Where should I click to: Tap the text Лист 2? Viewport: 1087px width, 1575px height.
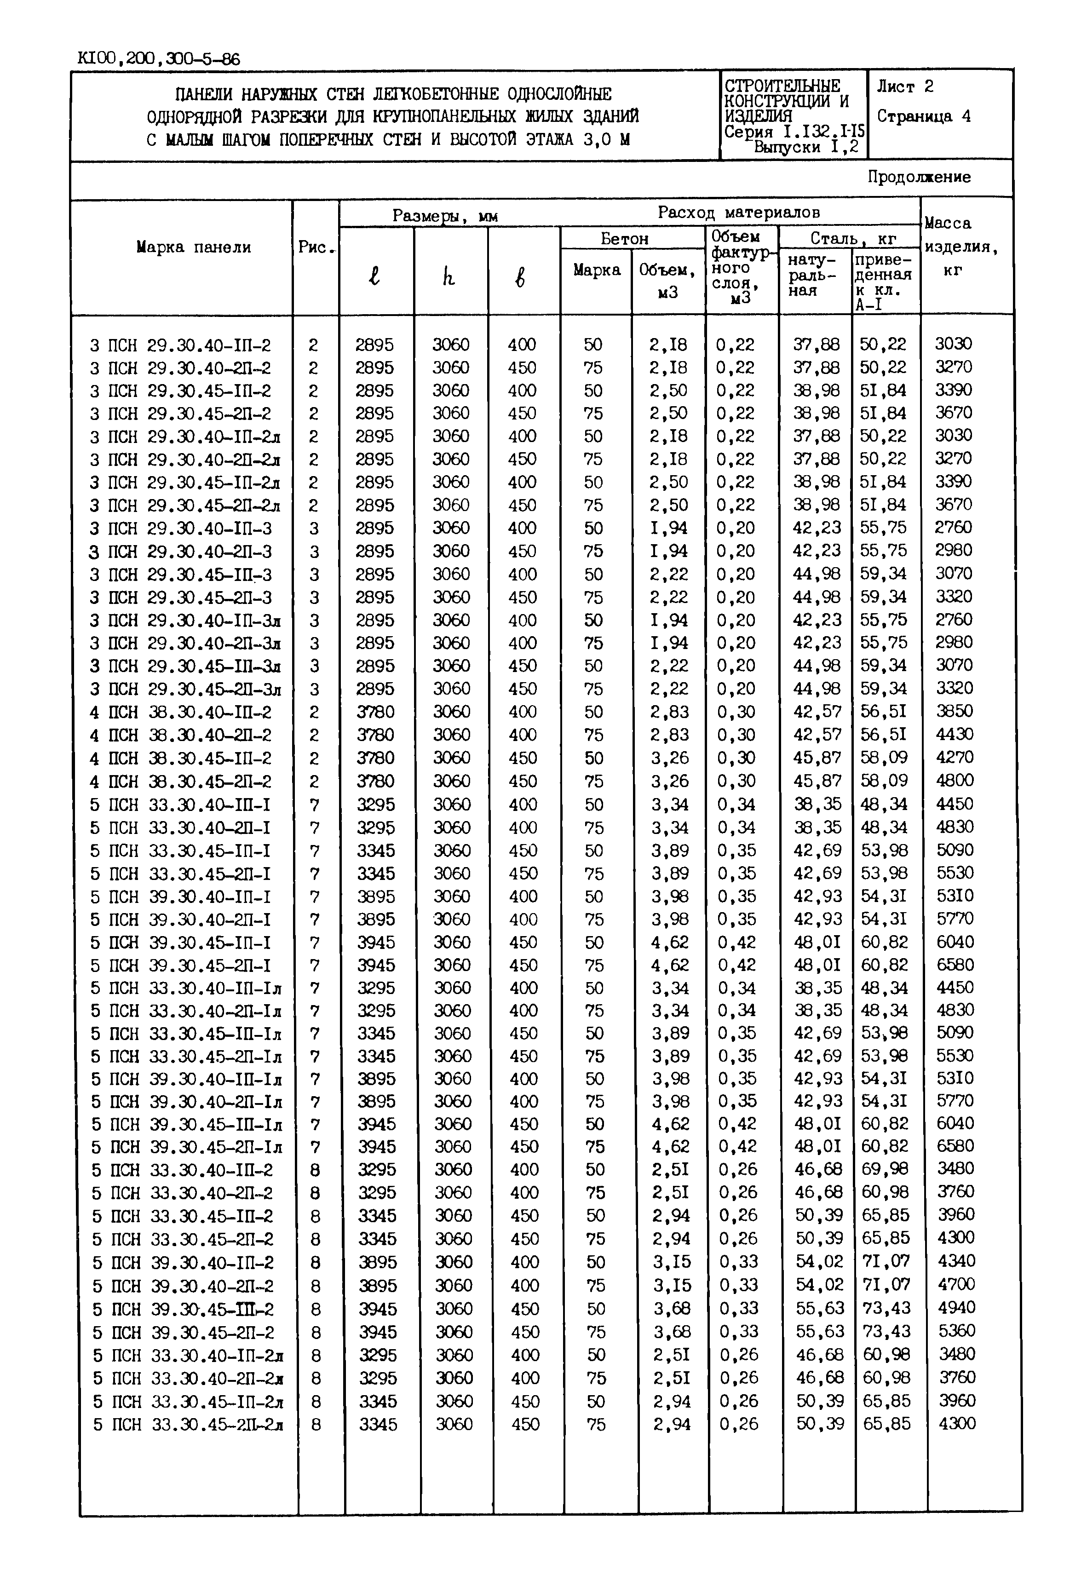coord(904,86)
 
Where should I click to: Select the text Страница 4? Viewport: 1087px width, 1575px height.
coord(923,116)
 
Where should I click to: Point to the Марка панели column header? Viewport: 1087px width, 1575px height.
coord(193,247)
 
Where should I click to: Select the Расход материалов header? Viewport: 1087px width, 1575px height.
coord(738,213)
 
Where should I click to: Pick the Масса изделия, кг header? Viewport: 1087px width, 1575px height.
coord(960,247)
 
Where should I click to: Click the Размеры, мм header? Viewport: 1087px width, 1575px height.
coord(445,217)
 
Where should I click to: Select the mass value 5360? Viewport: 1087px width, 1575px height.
coord(956,1331)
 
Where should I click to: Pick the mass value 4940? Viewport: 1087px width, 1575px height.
coord(956,1307)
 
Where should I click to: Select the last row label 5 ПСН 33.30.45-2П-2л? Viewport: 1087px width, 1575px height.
coord(188,1425)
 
